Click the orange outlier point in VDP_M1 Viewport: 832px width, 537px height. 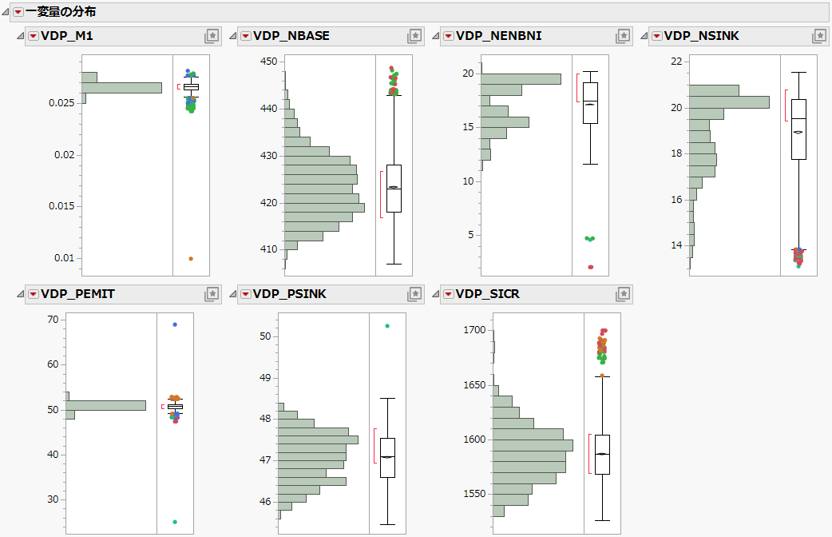click(190, 259)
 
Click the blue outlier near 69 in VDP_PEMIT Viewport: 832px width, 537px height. click(175, 325)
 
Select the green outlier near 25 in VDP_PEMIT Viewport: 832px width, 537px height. click(175, 522)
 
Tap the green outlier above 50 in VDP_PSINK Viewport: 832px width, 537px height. click(387, 326)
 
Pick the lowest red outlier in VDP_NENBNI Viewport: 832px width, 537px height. click(591, 267)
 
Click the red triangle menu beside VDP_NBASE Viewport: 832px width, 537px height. click(244, 36)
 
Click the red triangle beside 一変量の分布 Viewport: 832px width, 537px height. click(18, 12)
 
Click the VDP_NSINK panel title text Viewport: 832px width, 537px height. click(695, 36)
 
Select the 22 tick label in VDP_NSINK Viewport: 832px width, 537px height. click(676, 62)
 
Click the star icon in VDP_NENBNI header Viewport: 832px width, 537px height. click(623, 36)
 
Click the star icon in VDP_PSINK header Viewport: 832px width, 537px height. click(414, 294)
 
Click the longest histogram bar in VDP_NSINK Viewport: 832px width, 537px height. click(729, 102)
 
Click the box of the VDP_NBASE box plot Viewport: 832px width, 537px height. click(394, 188)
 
